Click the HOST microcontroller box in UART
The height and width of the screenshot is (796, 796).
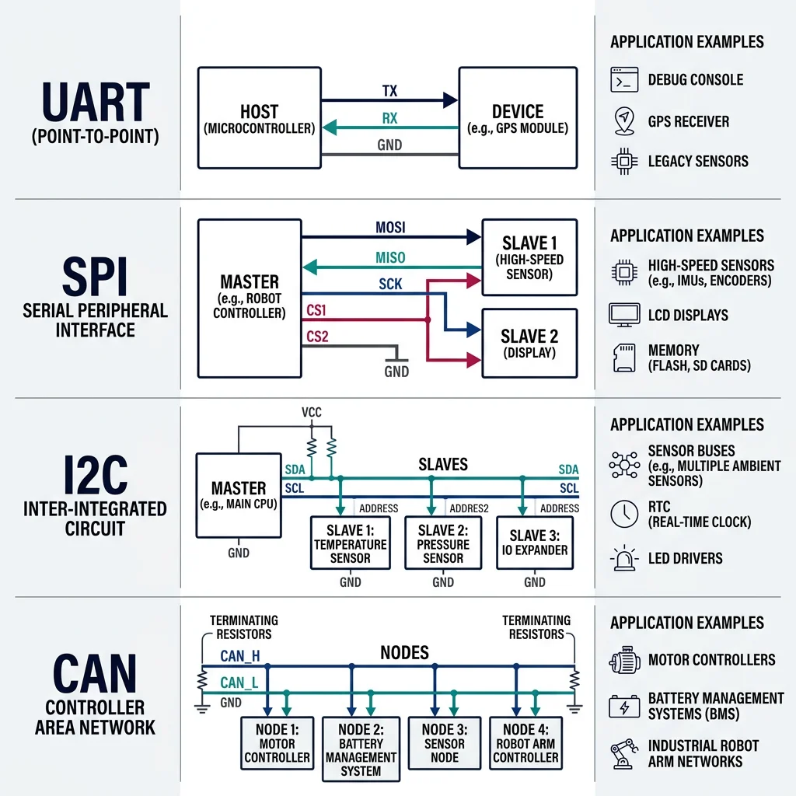(x=259, y=117)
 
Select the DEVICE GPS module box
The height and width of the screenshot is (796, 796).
(x=518, y=117)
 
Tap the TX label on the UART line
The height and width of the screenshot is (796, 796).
(x=389, y=91)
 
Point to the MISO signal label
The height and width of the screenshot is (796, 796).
(x=390, y=257)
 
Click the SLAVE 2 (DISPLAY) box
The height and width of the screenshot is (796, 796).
(x=529, y=343)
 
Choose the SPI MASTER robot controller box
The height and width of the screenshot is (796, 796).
(x=250, y=298)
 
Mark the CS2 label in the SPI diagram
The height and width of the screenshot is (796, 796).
(x=316, y=337)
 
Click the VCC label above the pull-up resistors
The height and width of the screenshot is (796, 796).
(x=312, y=413)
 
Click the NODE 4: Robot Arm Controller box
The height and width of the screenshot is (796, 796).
(x=525, y=743)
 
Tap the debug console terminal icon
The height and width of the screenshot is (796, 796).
(x=624, y=80)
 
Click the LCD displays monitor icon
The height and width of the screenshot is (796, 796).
(x=624, y=315)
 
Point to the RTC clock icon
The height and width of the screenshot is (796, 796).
(x=624, y=513)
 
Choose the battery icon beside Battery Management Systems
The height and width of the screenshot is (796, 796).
(x=624, y=707)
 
